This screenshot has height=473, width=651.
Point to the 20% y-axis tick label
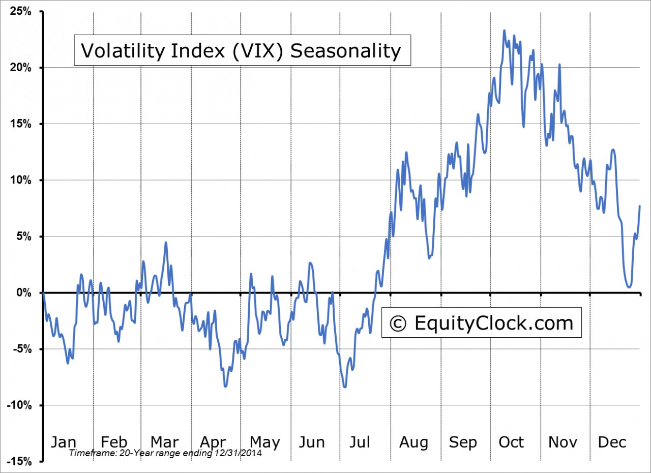[20, 68]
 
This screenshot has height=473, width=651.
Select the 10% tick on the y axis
[20, 180]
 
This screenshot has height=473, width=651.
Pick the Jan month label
[65, 441]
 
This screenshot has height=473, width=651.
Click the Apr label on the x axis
[213, 441]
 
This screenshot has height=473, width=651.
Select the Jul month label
[360, 441]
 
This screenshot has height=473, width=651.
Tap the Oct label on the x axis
[511, 441]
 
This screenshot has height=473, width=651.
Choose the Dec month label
[612, 441]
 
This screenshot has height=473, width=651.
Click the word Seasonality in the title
[345, 51]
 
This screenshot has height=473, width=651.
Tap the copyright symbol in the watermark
[399, 323]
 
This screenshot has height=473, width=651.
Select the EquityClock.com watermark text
[493, 323]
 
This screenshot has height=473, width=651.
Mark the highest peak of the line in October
[504, 31]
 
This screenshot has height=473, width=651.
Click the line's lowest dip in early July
[345, 387]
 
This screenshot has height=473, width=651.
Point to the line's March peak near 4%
[166, 243]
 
